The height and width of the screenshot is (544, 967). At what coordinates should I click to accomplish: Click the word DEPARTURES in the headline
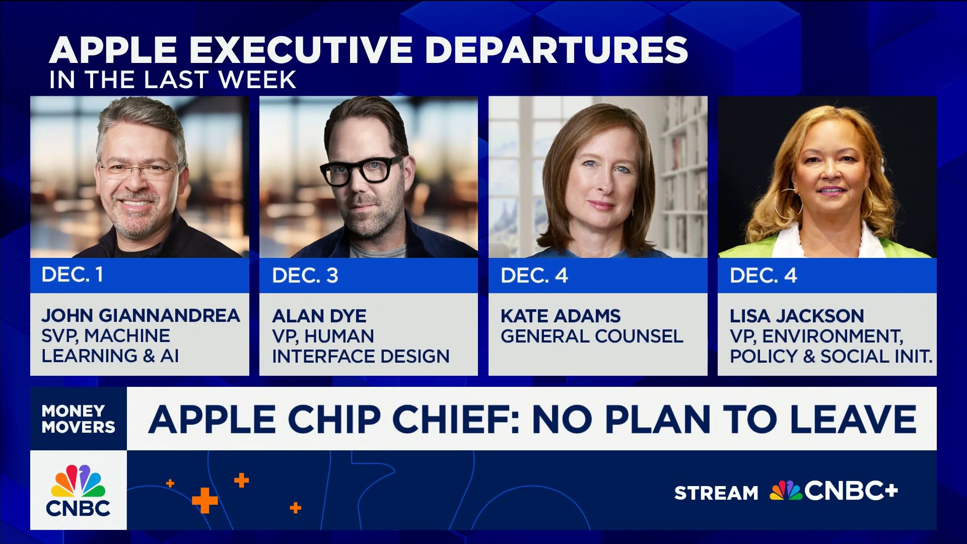pos(557,50)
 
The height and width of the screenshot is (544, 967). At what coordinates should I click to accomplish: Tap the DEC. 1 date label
pos(72,275)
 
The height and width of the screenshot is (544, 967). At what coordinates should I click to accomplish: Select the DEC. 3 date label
pos(305,276)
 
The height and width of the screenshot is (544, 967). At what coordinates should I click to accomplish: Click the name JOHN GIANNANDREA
pos(141,315)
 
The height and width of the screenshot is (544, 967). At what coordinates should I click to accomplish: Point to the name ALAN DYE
pos(319,316)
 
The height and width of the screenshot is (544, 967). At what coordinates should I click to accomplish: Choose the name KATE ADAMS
pos(561,316)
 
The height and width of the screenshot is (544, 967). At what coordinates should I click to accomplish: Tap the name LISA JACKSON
pos(797,316)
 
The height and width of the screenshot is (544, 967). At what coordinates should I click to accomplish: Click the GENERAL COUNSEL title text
pos(592,336)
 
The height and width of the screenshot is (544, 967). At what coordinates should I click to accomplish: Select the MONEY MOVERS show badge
pos(79,419)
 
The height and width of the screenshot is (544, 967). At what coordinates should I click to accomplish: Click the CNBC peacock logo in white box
pos(79,490)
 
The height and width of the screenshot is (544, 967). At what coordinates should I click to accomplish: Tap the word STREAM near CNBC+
pos(716,493)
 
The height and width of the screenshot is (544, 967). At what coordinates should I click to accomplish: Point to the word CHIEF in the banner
pos(455,419)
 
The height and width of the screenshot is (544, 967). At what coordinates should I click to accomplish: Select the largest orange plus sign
pos(204,501)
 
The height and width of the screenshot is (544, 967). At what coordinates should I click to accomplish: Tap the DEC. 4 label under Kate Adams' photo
pos(534,276)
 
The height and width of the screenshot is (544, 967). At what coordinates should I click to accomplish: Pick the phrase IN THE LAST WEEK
pos(173,80)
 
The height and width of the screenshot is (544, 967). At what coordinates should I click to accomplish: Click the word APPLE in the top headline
pos(113,50)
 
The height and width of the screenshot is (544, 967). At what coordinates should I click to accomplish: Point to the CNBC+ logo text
pos(851,491)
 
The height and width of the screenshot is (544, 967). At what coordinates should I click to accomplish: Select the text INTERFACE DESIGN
pos(361,356)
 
